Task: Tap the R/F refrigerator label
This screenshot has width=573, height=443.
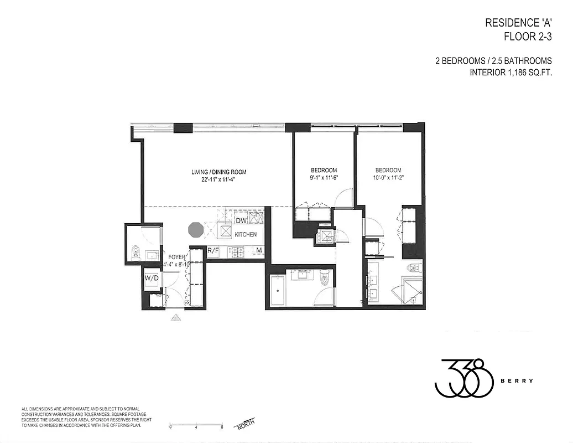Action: point(213,251)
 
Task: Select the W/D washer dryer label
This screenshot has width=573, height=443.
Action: point(150,277)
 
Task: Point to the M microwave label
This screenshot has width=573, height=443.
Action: point(258,251)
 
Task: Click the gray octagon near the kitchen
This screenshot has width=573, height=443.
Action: point(196,229)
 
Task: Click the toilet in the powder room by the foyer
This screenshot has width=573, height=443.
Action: point(135,254)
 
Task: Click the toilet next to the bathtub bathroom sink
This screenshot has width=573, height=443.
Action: point(325,280)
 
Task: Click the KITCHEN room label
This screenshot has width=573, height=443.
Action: point(246,235)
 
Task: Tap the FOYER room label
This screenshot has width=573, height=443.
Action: point(177,257)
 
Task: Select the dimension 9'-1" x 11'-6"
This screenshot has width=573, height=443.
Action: point(323,178)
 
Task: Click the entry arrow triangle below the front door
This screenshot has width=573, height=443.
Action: point(176,318)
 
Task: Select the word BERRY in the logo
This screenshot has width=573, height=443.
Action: point(523,380)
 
